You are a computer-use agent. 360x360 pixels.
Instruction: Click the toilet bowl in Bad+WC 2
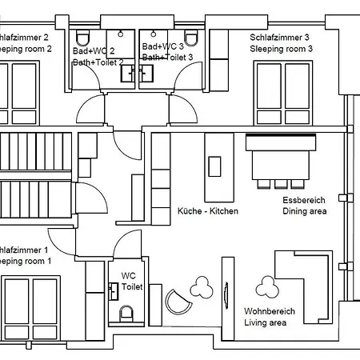coord(83,39)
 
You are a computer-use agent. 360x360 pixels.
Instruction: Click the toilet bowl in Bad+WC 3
coord(190,39)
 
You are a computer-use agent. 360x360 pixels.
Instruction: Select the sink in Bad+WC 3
coord(146,74)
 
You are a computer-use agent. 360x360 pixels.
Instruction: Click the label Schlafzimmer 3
coord(279,38)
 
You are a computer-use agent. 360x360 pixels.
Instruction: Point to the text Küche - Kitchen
coord(207,211)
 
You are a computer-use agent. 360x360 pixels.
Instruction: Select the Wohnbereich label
coord(270,311)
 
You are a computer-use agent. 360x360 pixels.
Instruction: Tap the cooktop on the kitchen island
coord(214,166)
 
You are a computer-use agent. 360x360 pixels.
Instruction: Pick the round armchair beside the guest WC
coord(178,301)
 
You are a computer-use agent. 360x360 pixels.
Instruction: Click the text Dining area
coord(304,212)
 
